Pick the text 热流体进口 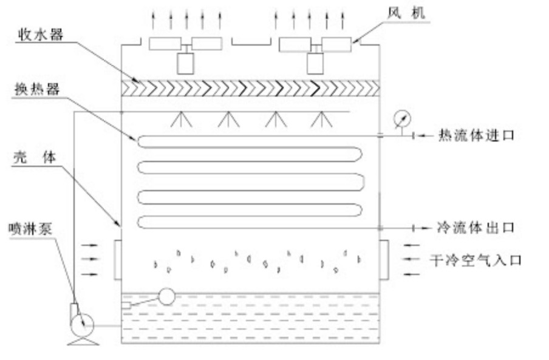coord(476,135)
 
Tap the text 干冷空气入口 coord(476,260)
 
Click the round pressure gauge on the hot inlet coord(400,117)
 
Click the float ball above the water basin coord(165,296)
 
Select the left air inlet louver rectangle coord(117,259)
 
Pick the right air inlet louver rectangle coord(384,259)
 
